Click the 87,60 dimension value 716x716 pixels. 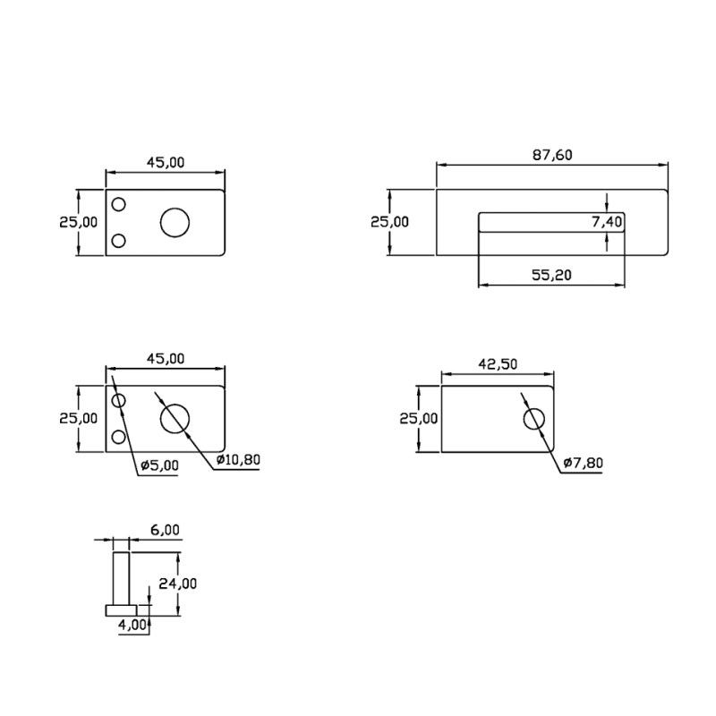[x=552, y=155]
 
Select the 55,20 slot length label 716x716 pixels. [x=551, y=275]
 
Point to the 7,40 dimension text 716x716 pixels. [x=607, y=222]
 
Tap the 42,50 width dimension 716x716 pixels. [x=498, y=364]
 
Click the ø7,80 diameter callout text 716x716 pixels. [x=584, y=463]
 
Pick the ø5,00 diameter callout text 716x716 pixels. [x=159, y=465]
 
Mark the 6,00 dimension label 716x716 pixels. [x=165, y=530]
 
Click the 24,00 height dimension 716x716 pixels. [x=177, y=584]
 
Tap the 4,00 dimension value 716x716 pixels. [x=132, y=625]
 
